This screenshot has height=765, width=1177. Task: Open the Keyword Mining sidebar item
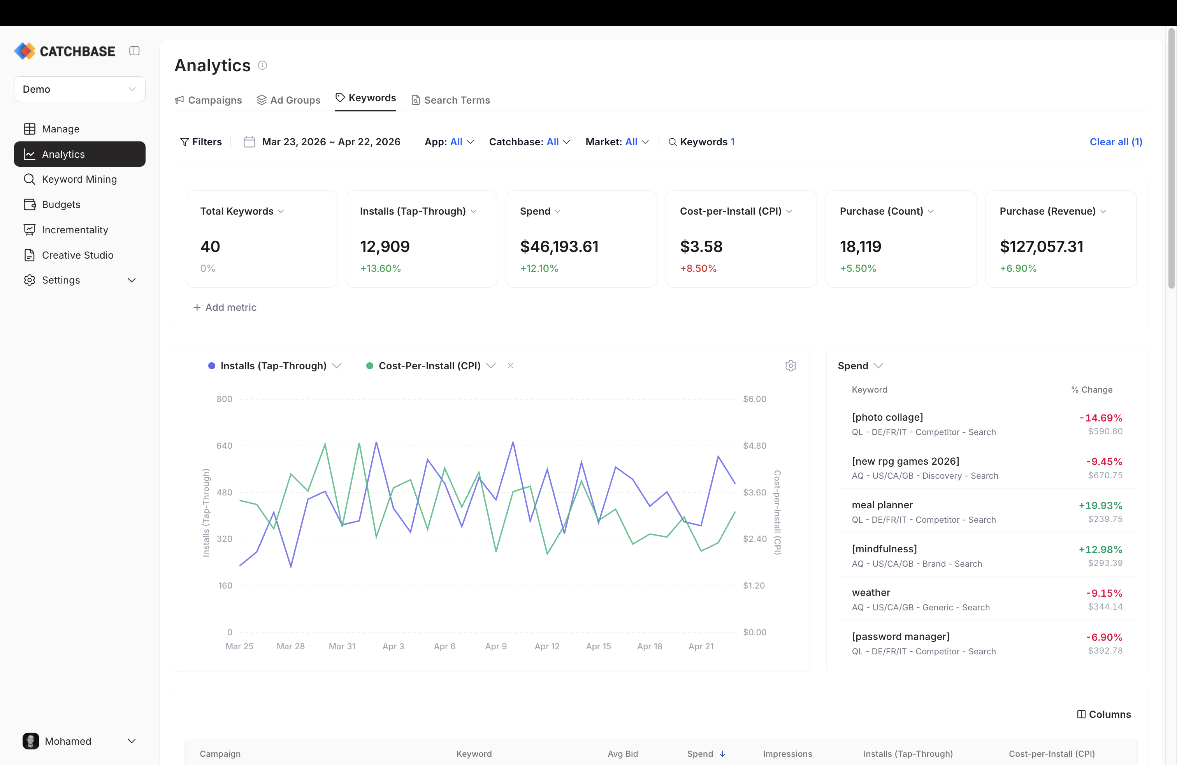pyautogui.click(x=79, y=179)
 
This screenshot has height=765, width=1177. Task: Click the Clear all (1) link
pyautogui.click(x=1115, y=142)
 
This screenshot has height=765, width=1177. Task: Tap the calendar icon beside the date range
pyautogui.click(x=249, y=142)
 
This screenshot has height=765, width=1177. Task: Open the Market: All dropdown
pyautogui.click(x=616, y=142)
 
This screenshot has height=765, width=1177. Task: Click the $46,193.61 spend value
pyautogui.click(x=559, y=247)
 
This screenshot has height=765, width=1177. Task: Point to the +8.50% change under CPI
pyautogui.click(x=698, y=268)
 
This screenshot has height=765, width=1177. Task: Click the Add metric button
pyautogui.click(x=225, y=307)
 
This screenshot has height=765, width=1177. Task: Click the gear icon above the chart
pyautogui.click(x=790, y=366)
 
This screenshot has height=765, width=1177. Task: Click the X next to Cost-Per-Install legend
pyautogui.click(x=510, y=366)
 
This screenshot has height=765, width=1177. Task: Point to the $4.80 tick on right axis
pyautogui.click(x=754, y=446)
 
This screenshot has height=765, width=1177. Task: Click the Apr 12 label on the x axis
pyautogui.click(x=547, y=646)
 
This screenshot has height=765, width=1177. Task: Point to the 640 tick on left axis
pyautogui.click(x=224, y=446)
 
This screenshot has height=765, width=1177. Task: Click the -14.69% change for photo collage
pyautogui.click(x=1100, y=418)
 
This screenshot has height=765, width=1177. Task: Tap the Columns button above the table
pyautogui.click(x=1104, y=714)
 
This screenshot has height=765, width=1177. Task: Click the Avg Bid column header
pyautogui.click(x=622, y=754)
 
